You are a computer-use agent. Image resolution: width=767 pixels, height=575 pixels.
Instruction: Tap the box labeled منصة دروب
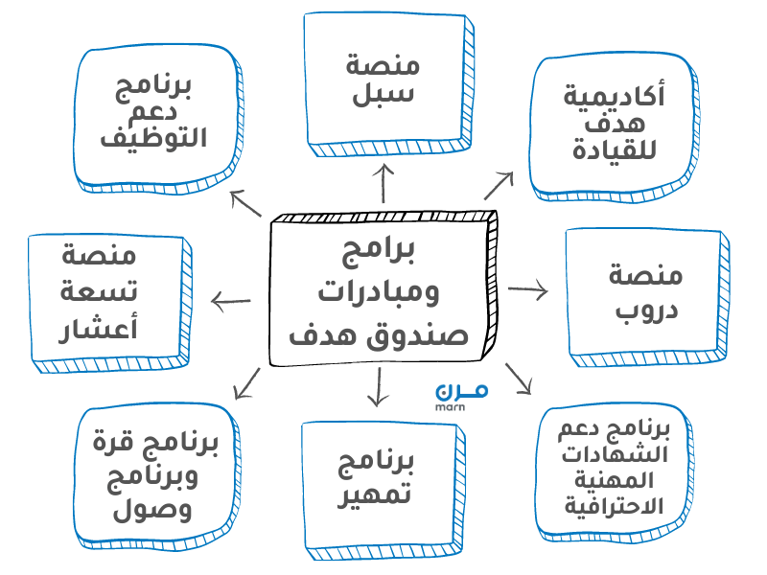[x=644, y=291]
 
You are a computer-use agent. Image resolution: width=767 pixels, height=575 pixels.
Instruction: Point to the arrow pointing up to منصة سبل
[x=384, y=183]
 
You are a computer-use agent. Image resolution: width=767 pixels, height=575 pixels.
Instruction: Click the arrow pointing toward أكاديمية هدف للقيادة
[x=498, y=185]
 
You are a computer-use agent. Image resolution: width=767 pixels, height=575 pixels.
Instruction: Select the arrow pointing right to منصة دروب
[x=527, y=289]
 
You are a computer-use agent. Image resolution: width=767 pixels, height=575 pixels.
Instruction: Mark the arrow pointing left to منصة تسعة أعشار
[x=230, y=302]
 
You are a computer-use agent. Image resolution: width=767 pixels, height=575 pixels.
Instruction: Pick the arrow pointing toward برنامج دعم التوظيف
[x=245, y=202]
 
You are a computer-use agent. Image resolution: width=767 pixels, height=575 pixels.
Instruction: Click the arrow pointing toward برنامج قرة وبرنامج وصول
[x=247, y=382]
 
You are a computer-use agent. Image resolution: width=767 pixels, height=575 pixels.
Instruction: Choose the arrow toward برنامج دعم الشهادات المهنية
[x=518, y=378]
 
